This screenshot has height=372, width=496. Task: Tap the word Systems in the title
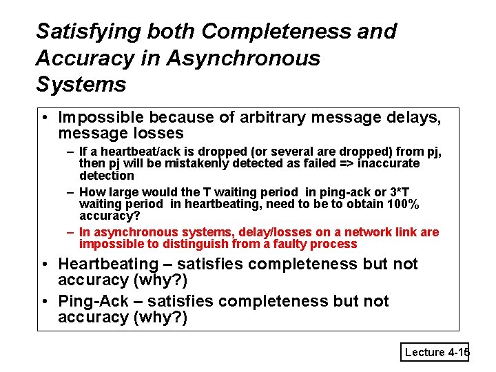tap(81, 85)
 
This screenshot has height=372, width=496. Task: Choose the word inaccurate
tap(388, 163)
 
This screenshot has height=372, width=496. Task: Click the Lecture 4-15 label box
tap(436, 352)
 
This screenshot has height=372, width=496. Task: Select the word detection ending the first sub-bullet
tap(107, 176)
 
